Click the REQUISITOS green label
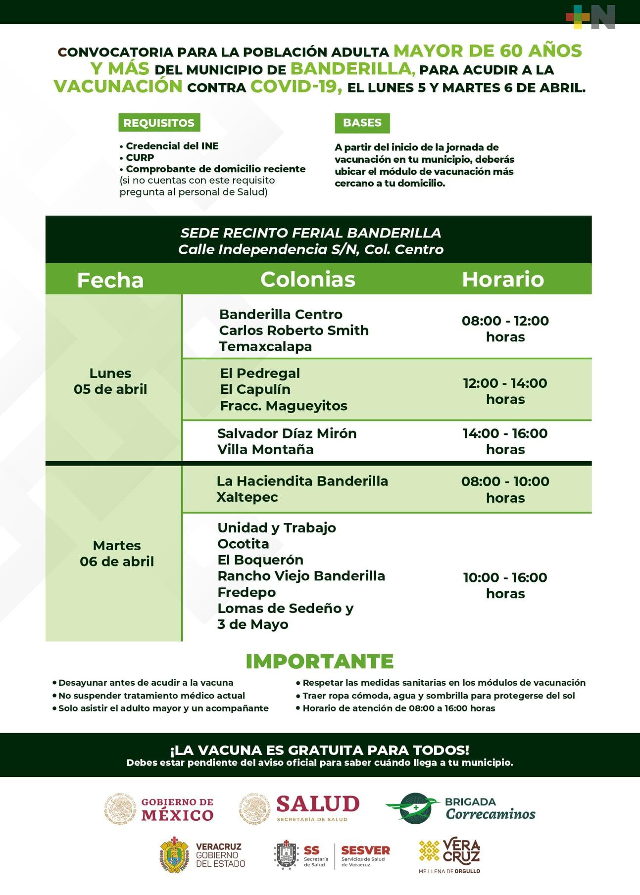click(159, 123)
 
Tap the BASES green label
click(362, 123)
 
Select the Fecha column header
click(110, 280)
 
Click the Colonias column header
click(308, 279)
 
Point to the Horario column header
click(503, 279)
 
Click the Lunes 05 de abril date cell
click(110, 381)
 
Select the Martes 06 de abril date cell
click(117, 553)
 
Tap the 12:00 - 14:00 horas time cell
click(505, 391)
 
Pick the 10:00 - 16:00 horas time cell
click(505, 585)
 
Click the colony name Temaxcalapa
click(265, 346)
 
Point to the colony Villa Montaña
click(265, 449)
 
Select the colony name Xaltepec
click(247, 497)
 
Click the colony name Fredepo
click(246, 592)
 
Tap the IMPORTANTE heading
click(319, 661)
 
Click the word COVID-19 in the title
click(296, 87)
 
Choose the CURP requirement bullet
click(140, 157)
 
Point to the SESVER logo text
click(365, 850)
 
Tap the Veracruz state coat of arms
click(174, 855)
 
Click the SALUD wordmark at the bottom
click(318, 804)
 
